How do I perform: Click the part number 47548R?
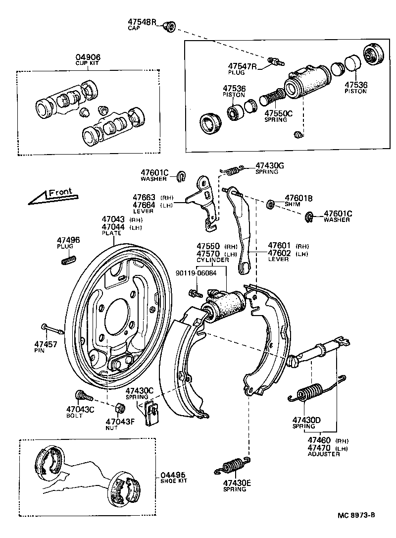(143, 22)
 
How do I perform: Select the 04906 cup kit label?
(87, 57)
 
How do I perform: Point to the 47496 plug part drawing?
(68, 259)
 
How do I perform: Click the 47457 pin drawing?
(51, 329)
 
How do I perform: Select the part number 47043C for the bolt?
(80, 409)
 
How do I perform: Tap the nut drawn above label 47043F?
(119, 409)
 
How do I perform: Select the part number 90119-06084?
(196, 273)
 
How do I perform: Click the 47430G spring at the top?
(232, 170)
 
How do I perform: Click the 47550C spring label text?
(275, 113)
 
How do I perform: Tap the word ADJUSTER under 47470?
(324, 454)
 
